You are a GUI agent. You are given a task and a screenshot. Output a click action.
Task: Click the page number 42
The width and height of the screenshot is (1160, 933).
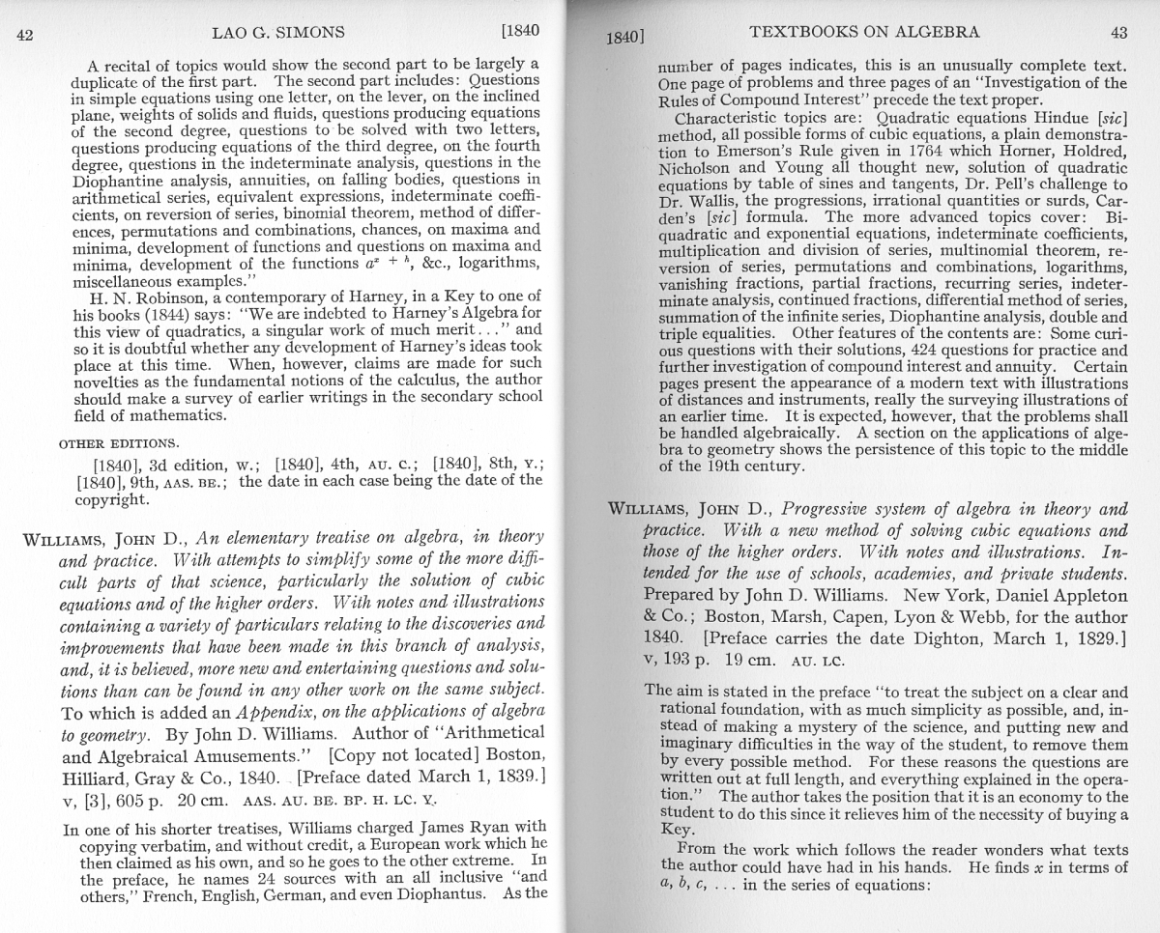click(x=26, y=36)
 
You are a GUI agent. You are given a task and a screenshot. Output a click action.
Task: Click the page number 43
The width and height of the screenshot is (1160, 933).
click(x=1118, y=33)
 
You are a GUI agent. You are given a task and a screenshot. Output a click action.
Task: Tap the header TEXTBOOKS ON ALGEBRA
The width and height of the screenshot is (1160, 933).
click(x=864, y=32)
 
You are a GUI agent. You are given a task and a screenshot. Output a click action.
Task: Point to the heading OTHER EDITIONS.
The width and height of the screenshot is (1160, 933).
click(x=118, y=443)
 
